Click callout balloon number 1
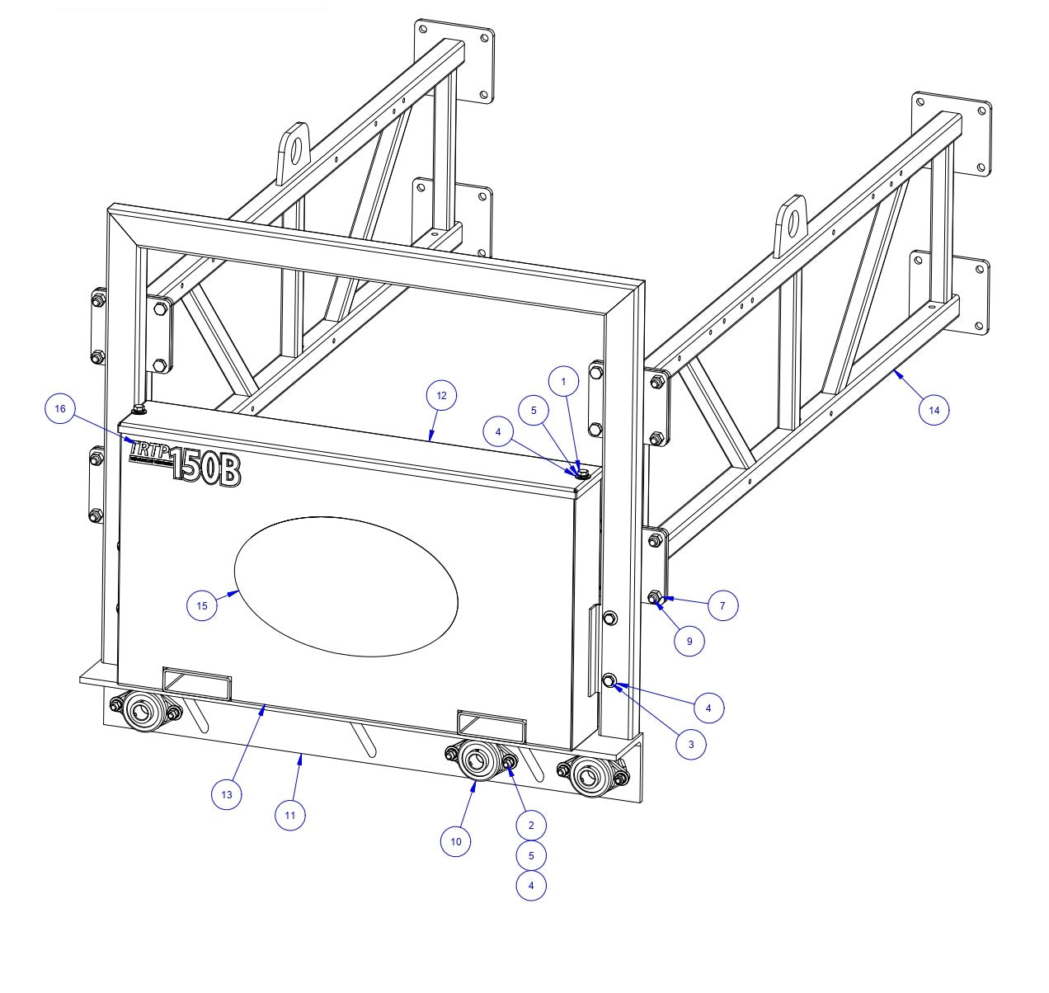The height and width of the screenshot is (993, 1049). click(x=564, y=382)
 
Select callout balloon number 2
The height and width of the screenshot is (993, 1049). click(x=531, y=825)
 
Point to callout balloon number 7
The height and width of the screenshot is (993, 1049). click(x=722, y=605)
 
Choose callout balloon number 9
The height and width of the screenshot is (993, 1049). click(x=689, y=639)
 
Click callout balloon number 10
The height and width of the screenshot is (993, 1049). click(x=456, y=841)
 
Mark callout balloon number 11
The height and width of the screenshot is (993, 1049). click(x=290, y=815)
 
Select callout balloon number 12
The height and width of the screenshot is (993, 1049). click(x=441, y=396)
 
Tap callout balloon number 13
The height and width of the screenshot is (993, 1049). click(x=227, y=795)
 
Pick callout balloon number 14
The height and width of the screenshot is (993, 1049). click(x=934, y=409)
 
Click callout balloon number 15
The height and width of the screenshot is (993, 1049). click(x=202, y=605)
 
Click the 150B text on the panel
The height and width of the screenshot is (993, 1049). click(x=206, y=469)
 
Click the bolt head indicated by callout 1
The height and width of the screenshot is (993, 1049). click(x=581, y=473)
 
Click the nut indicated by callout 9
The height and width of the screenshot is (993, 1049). click(x=655, y=597)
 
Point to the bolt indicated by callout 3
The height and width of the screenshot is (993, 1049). click(x=610, y=680)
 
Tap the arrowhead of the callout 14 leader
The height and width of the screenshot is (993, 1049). click(x=896, y=374)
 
